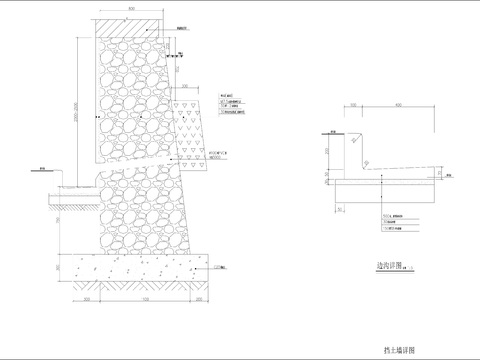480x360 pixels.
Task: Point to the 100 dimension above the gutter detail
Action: coord(353,105)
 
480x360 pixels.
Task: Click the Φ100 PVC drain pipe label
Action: coord(218,154)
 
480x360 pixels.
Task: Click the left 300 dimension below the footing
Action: coord(87,299)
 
